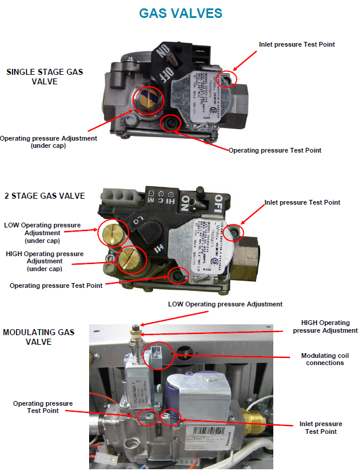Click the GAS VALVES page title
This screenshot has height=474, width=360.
click(181, 13)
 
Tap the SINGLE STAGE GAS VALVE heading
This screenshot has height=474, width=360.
click(45, 77)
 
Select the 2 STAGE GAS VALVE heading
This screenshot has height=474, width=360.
click(44, 196)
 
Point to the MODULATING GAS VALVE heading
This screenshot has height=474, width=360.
click(39, 336)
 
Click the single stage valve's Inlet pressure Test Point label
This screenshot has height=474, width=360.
click(297, 44)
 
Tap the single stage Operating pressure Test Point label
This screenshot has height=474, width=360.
click(274, 150)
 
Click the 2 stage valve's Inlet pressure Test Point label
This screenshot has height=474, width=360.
click(302, 202)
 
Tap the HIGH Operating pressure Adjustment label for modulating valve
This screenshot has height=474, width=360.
click(325, 327)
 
